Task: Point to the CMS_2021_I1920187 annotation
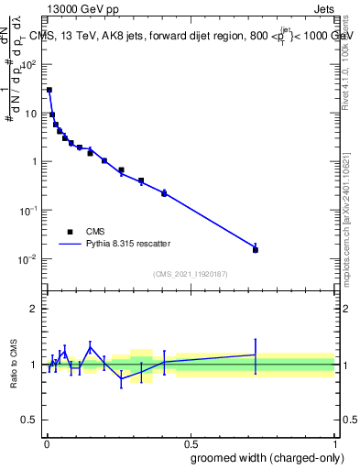[190, 274]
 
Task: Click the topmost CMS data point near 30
[49, 90]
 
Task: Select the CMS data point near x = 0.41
[164, 193]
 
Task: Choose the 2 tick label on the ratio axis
[35, 309]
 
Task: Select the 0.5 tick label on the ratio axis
[31, 420]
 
